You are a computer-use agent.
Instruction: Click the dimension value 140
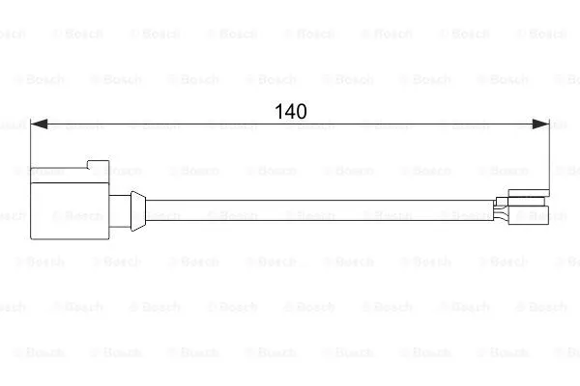pos(291,111)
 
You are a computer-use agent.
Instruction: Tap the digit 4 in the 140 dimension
pos(291,111)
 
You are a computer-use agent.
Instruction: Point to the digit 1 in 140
pos(279,111)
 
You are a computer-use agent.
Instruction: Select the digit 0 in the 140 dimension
pos(302,111)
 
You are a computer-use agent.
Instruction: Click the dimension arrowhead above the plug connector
pos(39,124)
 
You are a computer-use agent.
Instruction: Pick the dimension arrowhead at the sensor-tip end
pos(540,124)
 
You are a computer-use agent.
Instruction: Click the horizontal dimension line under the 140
pos(290,124)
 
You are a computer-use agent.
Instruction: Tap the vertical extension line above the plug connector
pos(30,143)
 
